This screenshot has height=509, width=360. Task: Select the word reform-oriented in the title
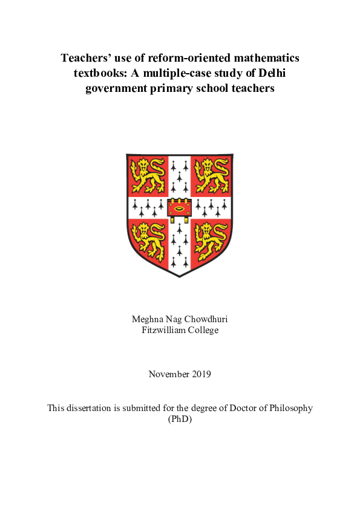click(178, 59)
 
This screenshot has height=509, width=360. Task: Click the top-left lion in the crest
click(148, 173)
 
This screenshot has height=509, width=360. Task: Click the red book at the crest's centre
click(180, 208)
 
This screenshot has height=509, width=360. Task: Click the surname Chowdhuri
click(206, 319)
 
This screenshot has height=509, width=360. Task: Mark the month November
click(168, 374)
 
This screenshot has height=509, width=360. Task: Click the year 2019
click(201, 374)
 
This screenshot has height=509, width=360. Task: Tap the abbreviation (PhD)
click(180, 418)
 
